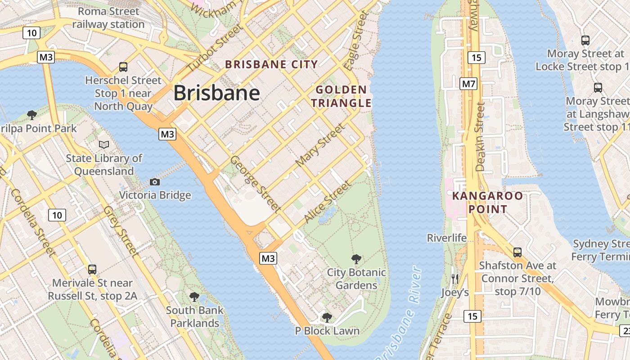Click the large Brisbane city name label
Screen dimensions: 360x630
(x=216, y=93)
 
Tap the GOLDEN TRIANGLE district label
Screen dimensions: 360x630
(x=341, y=96)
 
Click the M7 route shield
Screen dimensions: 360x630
(x=468, y=84)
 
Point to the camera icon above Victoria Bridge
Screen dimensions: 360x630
(x=155, y=182)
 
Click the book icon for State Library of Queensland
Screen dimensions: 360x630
(x=104, y=145)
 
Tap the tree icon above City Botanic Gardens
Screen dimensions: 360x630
(x=356, y=259)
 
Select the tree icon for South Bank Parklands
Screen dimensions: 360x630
(x=194, y=297)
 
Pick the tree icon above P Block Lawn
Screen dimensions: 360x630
(x=327, y=318)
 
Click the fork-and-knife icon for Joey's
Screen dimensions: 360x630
(x=454, y=279)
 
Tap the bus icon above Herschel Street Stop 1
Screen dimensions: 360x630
(x=123, y=67)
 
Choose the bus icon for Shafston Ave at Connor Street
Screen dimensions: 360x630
(x=517, y=252)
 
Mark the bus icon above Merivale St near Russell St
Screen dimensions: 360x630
(x=92, y=269)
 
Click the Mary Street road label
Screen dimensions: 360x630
(x=320, y=145)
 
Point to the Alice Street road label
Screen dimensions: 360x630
(x=327, y=202)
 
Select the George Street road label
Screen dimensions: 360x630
(x=255, y=184)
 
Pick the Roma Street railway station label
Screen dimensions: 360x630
(x=108, y=18)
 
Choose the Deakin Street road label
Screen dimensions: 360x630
(x=480, y=136)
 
